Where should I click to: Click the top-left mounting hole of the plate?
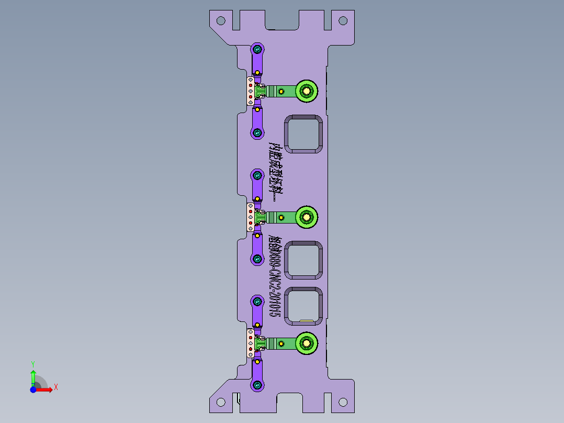221,21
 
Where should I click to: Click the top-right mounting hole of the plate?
343,21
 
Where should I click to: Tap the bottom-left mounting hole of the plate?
221,402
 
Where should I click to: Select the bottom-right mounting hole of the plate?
343,402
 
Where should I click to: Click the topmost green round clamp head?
306,91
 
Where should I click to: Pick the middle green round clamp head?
306,217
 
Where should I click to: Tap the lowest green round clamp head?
306,343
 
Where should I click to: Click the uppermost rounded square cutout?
303,134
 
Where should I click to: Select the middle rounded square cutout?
303,260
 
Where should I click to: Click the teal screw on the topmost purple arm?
257,49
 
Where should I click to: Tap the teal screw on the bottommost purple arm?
257,385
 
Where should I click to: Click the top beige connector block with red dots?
251,91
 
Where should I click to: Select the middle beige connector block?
251,217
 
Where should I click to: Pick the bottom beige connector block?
251,343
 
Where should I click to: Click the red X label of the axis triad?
55,387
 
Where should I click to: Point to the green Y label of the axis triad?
32,363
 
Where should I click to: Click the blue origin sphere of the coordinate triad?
33,389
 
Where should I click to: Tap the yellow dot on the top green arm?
281,92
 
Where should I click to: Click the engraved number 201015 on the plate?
274,304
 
